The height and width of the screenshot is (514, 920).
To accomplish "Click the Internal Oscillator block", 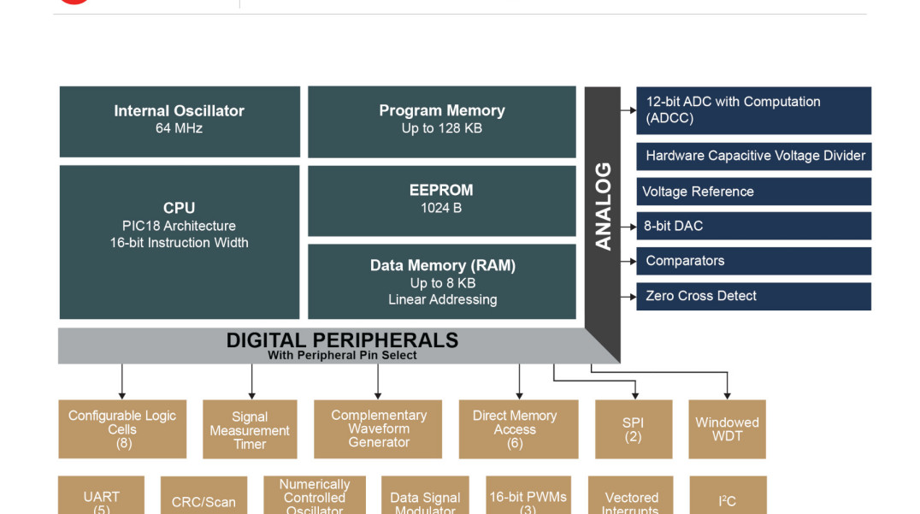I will click(179, 121).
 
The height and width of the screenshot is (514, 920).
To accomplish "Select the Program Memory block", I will click(441, 121).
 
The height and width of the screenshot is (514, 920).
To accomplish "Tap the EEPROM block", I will click(441, 200).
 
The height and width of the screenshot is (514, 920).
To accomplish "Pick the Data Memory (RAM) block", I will click(441, 281).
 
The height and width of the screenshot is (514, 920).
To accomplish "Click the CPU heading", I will click(179, 208).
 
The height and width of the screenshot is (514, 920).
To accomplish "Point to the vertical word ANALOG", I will click(603, 206).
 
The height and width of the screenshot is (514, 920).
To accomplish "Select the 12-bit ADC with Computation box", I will click(753, 110).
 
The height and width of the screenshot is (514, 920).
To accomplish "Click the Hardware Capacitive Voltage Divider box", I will click(753, 156).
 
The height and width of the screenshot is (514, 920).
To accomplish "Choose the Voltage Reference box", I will click(753, 192).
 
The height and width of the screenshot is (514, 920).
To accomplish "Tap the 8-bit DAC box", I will click(753, 226).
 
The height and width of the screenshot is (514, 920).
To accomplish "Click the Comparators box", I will click(753, 261).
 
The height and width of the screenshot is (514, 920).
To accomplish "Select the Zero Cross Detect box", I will click(753, 296).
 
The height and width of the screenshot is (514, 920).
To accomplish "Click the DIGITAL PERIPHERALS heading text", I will click(342, 340).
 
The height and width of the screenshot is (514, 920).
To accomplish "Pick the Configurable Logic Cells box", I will click(122, 428).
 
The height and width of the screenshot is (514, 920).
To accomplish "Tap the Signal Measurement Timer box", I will click(250, 429).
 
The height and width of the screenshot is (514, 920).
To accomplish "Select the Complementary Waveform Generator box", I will click(378, 428).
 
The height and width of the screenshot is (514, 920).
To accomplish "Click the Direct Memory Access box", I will click(514, 428).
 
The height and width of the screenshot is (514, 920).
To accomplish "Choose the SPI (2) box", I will click(633, 428).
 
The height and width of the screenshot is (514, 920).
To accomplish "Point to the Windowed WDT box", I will click(727, 428).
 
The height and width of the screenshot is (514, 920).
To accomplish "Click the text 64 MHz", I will click(179, 128).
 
